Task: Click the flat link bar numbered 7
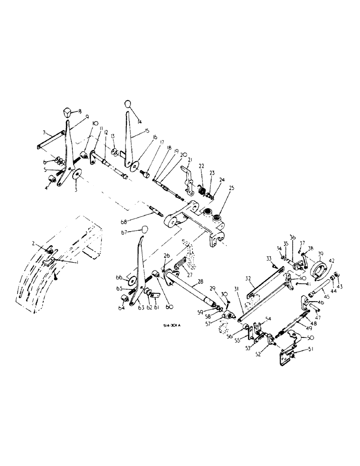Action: tap(48, 140)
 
